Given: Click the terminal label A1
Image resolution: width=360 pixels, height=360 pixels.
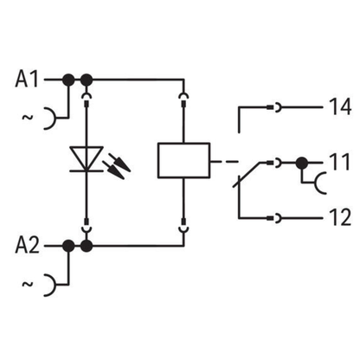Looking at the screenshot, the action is point(27,79).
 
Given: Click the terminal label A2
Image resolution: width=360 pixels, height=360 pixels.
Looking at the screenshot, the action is point(27,246).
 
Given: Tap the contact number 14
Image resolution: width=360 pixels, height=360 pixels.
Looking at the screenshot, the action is point(340,106).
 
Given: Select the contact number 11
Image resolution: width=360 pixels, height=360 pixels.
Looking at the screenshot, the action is point(339,162).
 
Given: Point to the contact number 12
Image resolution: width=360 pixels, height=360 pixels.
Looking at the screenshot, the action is point(340,217).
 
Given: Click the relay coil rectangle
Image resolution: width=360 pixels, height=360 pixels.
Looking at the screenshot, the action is point(183,160).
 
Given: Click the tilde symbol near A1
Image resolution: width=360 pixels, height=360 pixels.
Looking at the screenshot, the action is point(28,117).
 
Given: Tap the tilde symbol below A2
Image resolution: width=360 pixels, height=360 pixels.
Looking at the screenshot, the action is point(28,284).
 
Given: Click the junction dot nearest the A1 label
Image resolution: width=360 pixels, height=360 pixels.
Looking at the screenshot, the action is point(68,80).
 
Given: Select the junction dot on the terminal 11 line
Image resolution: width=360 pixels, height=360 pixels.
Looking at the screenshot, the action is point(302,164).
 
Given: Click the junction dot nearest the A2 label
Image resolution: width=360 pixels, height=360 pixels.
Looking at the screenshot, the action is point(68,246).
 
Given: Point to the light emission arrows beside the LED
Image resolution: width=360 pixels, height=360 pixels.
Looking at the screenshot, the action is point(118,167).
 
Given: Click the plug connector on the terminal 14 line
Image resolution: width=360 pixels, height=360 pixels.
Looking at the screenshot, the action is point(274,107).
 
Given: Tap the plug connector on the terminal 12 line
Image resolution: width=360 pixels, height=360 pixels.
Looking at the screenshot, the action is point(274,218).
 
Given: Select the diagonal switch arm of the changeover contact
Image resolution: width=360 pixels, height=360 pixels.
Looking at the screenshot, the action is point(246,175).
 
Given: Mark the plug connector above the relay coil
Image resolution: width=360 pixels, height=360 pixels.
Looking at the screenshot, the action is point(183,100).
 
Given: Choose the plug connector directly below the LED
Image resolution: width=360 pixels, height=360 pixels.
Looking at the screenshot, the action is point(87,226).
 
